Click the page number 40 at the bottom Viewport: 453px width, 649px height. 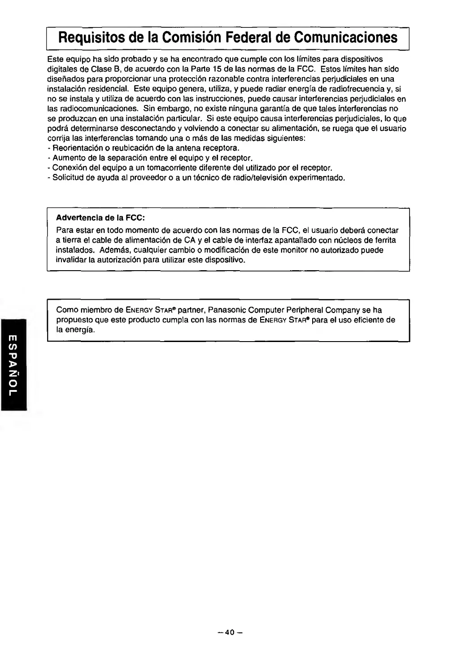230,632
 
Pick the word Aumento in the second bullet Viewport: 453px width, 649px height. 66,158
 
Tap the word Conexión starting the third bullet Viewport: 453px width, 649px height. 68,168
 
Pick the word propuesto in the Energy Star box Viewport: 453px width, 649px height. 72,320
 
